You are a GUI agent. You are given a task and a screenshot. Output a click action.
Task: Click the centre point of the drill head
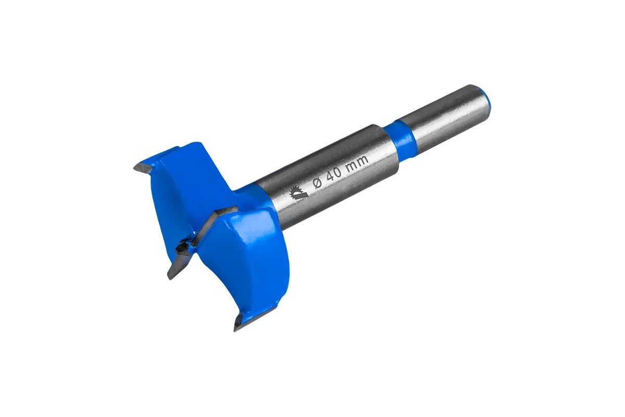point(182,247)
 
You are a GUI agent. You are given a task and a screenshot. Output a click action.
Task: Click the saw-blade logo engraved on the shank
point(298,193)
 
